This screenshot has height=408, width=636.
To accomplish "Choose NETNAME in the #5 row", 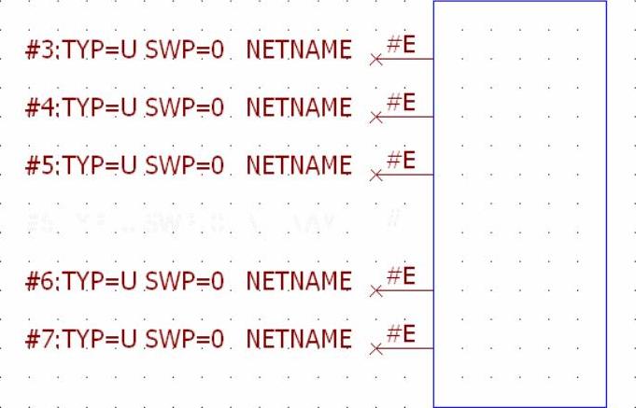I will (298, 167).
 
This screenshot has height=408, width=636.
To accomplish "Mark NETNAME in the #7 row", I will (298, 341).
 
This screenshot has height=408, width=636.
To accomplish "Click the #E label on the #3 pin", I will (401, 43).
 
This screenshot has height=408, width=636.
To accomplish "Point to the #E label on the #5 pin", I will (401, 159).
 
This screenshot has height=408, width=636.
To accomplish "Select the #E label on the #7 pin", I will (401, 332).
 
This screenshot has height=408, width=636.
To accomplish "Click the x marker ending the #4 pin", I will (375, 119).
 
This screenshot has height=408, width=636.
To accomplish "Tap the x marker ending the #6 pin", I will (375, 292).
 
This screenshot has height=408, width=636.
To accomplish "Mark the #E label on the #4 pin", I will (401, 101).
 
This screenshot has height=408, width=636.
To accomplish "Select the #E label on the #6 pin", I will (401, 274).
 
